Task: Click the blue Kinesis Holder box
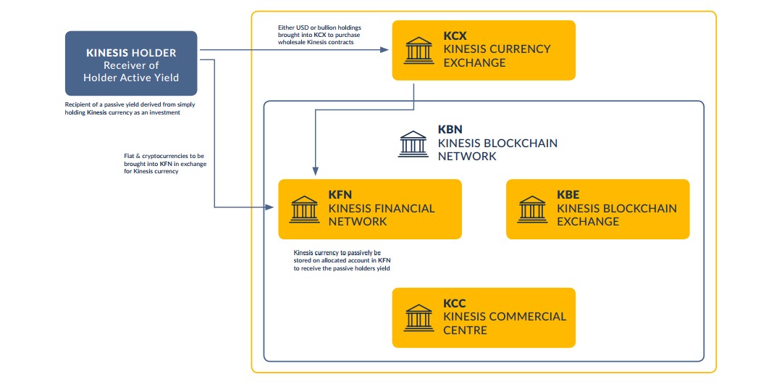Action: pos(131,64)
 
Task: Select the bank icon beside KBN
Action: pos(413,144)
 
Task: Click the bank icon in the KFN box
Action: pos(304,209)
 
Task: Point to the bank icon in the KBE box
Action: pos(532,209)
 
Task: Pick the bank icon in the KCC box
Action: pos(419,317)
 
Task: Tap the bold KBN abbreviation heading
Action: pos(450,130)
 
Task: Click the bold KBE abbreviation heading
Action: pos(568,194)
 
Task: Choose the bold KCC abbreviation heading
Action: pos(455,303)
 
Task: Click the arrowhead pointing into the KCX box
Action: pos(387,50)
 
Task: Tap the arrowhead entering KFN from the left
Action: pos(273,207)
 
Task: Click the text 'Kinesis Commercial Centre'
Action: pos(505,323)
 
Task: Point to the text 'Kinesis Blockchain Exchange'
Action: pos(617,215)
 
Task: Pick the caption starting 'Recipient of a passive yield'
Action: pos(130,109)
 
